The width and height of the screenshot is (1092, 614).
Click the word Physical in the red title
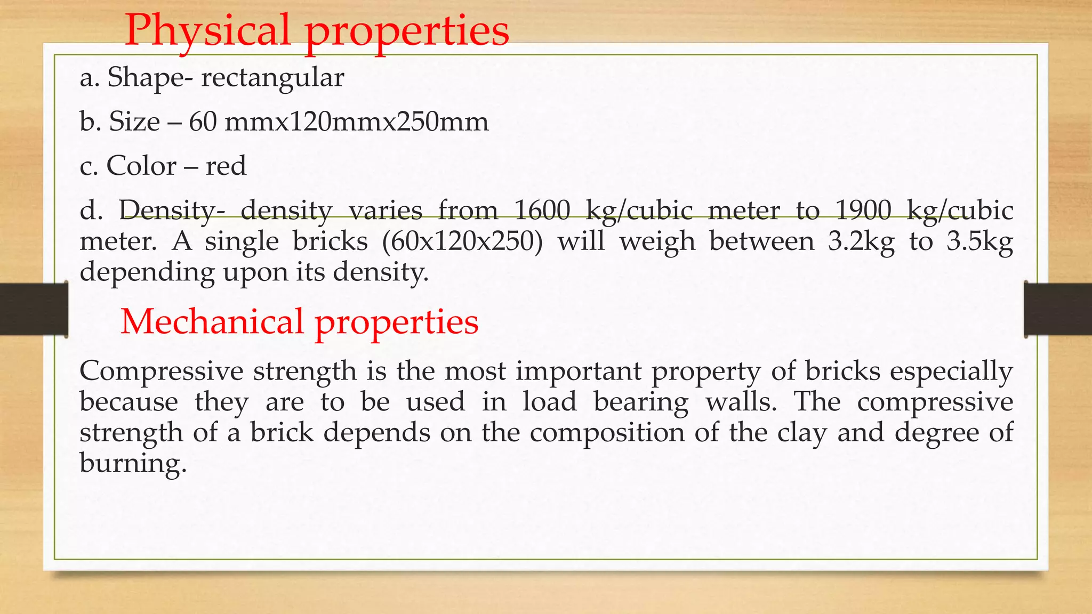(207, 31)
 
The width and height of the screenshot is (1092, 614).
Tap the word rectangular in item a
(272, 78)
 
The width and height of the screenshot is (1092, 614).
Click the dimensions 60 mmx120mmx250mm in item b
(339, 122)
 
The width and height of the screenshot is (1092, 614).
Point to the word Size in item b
(134, 122)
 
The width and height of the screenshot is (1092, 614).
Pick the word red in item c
(226, 166)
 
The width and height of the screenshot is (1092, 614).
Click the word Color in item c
(141, 166)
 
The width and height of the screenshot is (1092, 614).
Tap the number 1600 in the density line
(542, 210)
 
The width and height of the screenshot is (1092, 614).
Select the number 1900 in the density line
(863, 210)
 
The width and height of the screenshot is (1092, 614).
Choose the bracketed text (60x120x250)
(462, 241)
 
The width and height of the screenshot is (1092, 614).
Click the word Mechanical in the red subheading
(212, 322)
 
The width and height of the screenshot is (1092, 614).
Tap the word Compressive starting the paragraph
(161, 371)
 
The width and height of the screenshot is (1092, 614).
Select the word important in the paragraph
(579, 371)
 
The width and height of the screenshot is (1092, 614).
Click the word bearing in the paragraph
(641, 402)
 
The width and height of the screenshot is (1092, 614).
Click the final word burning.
(133, 463)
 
